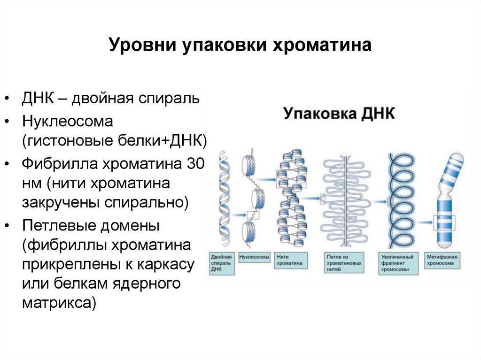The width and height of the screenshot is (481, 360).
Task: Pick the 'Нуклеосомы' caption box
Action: [254, 258]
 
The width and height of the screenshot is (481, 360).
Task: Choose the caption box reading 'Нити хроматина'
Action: [290, 260]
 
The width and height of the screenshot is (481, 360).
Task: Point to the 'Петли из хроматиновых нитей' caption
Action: [345, 263]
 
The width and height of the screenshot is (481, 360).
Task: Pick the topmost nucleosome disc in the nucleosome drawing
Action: [249, 164]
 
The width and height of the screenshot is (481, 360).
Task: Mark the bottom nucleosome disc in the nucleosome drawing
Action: [249, 232]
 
